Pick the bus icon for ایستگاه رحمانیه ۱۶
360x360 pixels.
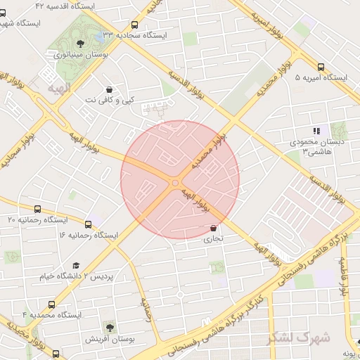pos(88,224)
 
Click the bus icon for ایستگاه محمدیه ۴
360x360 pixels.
pos(51,304)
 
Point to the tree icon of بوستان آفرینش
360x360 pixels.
pos(110,327)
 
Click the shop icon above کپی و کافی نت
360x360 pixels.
pos(109,89)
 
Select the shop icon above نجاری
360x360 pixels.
pos(213,228)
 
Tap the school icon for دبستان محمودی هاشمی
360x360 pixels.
pos(317,130)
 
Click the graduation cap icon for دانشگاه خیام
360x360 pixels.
pos(76,265)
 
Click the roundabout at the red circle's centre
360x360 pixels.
pos(174,183)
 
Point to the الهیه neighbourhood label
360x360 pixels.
pos(59,88)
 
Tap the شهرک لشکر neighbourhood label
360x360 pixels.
pos(298,337)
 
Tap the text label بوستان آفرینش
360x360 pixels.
pos(110,340)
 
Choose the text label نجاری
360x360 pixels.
pos(213,239)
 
